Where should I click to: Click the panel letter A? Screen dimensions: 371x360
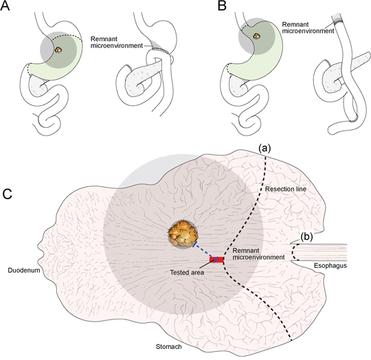tap(5, 5)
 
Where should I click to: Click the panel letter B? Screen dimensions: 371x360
tap(222, 5)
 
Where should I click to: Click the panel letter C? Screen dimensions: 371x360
tap(8, 194)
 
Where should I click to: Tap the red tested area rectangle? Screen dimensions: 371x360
tap(216, 260)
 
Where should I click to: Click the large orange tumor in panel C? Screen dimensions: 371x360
tap(183, 234)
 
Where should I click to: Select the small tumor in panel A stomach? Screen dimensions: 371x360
tap(58, 49)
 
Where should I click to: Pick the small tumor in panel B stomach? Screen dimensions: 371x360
tap(256, 36)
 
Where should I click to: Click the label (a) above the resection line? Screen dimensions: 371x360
tap(265, 148)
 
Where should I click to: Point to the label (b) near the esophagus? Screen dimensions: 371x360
tap(306, 237)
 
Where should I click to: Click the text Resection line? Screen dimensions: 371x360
tap(286, 189)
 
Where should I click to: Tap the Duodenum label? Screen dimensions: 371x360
tap(24, 270)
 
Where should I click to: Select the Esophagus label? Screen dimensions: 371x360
tap(330, 266)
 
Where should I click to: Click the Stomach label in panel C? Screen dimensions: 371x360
tap(169, 346)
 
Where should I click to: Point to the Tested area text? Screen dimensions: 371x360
tap(187, 273)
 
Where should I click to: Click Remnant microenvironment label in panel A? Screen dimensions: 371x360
tap(117, 43)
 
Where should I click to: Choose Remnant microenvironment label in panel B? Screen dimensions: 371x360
tap(308, 27)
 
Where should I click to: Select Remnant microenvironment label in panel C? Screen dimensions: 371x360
tap(258, 254)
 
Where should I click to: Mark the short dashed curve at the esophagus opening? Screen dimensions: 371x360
tap(293, 252)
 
